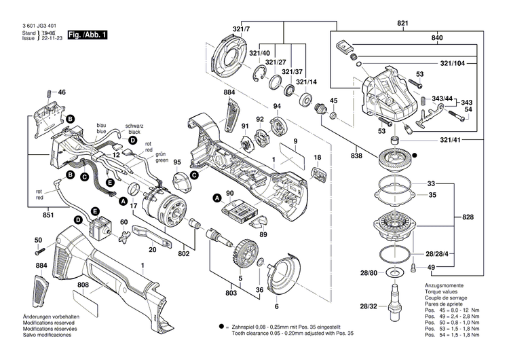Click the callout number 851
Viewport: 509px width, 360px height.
[x=28, y=215]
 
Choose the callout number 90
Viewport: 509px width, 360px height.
[x=229, y=194]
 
